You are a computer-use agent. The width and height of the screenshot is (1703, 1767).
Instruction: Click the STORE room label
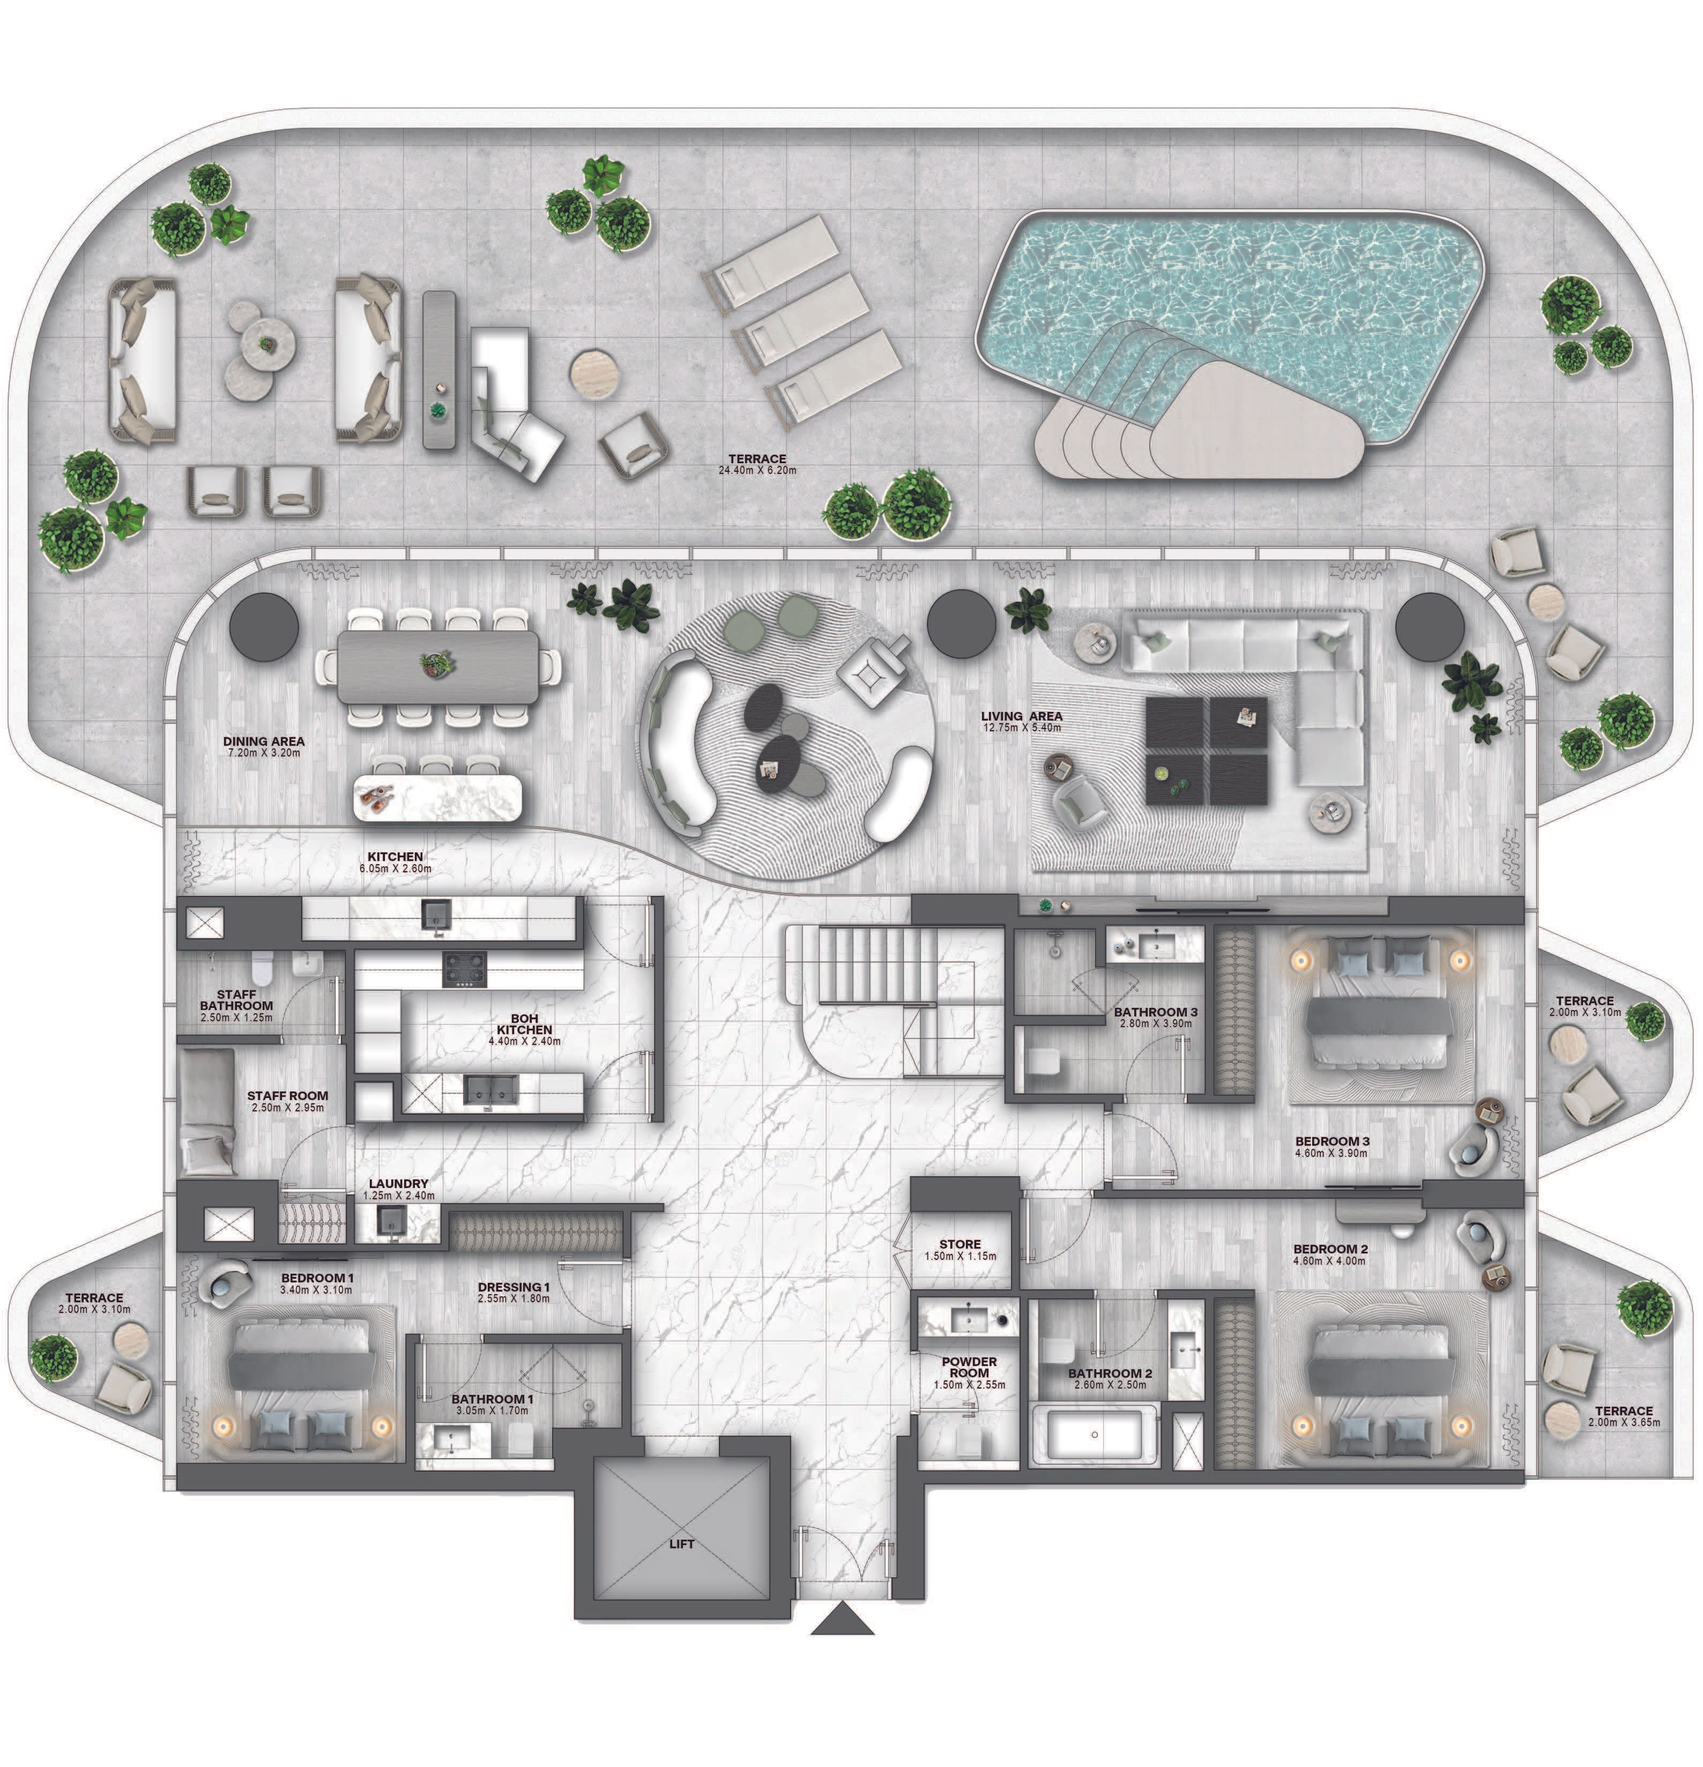[960, 1244]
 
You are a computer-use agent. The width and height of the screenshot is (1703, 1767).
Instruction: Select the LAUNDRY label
[398, 1184]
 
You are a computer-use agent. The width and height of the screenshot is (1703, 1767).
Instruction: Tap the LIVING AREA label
[1022, 716]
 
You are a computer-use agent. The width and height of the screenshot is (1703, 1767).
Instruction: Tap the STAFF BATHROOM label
[236, 1000]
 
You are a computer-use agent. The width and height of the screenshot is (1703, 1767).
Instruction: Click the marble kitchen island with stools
[438, 797]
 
